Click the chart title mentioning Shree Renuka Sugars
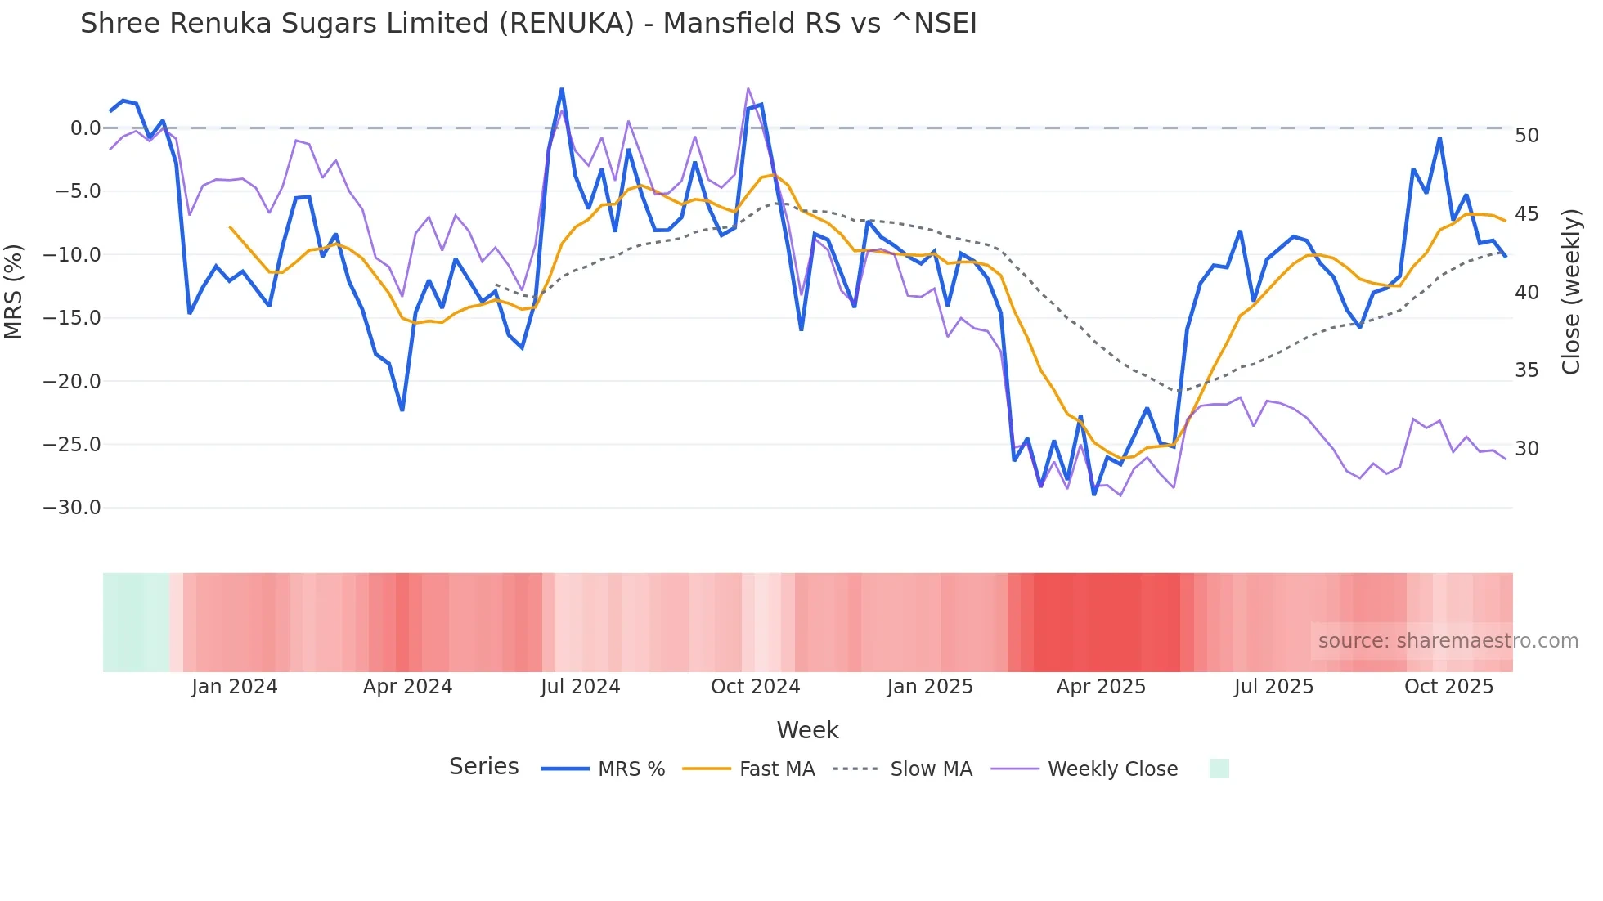(x=528, y=24)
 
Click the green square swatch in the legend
(x=1219, y=769)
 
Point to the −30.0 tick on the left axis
(x=72, y=508)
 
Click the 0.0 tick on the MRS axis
(x=85, y=128)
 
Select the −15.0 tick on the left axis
(x=72, y=318)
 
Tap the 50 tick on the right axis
(x=1527, y=136)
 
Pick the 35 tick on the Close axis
(x=1527, y=370)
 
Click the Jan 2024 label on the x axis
(x=235, y=687)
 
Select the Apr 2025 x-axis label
(x=1101, y=687)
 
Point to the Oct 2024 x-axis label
(x=755, y=687)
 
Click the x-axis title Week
(x=807, y=730)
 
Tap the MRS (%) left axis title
(x=14, y=291)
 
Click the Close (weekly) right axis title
(x=1571, y=292)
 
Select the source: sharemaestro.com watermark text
(x=1448, y=641)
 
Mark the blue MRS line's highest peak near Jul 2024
(x=562, y=89)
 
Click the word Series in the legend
(x=483, y=767)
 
